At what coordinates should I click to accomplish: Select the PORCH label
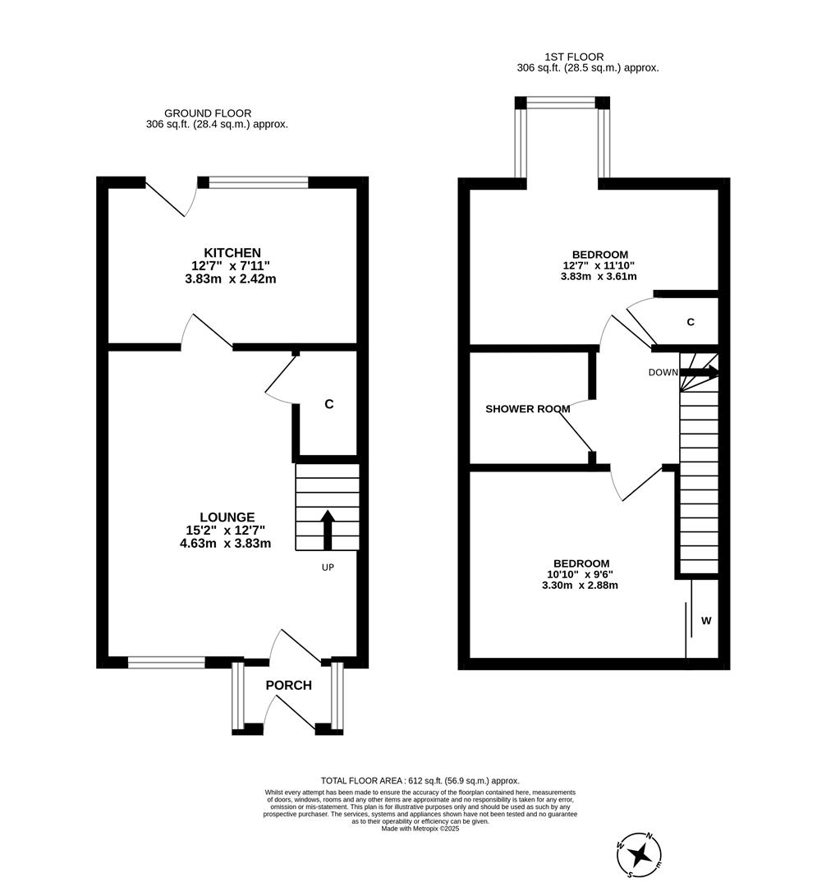point(288,685)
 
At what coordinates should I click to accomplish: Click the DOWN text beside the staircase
point(663,372)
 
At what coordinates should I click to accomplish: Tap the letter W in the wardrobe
point(705,621)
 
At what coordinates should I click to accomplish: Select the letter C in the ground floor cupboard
point(328,404)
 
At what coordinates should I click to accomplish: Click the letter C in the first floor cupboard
point(691,322)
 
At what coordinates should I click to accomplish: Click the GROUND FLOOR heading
point(208,113)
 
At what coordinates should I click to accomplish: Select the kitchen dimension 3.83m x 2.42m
point(231,278)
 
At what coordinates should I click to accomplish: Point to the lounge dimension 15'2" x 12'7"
point(229,530)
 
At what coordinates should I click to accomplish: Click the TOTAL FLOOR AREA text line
point(420,781)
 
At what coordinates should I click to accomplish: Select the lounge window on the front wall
point(167,662)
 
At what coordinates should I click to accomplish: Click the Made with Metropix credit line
point(420,830)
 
